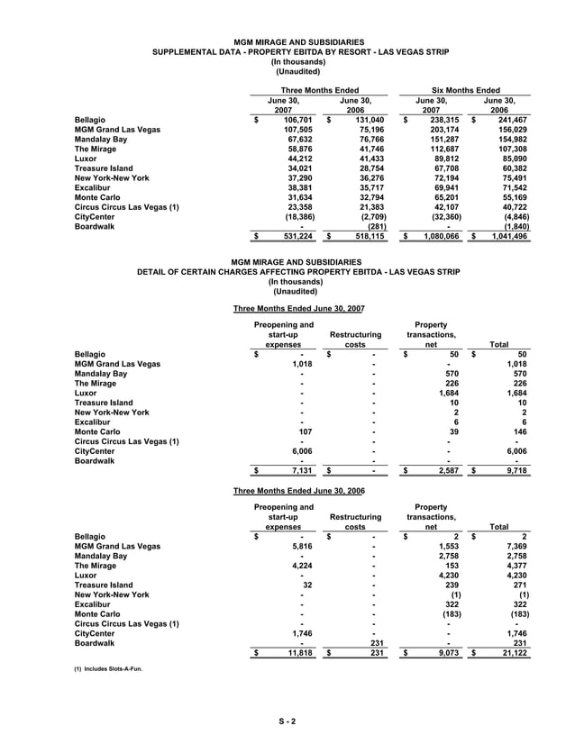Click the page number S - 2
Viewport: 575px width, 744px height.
coord(287,720)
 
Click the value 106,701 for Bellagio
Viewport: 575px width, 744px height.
coord(298,119)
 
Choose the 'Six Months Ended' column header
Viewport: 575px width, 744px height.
coord(466,90)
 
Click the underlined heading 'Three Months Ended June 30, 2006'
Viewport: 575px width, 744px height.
coord(298,491)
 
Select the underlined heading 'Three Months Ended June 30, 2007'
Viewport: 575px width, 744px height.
coord(298,308)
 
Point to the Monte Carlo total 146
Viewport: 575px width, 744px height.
coord(519,431)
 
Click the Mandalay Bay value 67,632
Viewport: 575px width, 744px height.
coord(300,140)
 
